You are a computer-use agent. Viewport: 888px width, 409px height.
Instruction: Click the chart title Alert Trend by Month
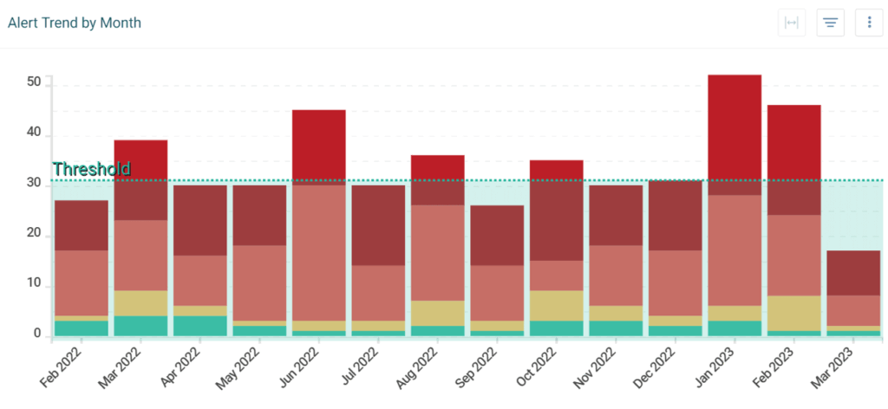[75, 23]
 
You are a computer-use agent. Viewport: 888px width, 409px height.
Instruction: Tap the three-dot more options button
[869, 23]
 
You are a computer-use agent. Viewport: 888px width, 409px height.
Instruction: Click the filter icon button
[830, 23]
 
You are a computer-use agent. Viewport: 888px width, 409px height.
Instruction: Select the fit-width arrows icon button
[791, 23]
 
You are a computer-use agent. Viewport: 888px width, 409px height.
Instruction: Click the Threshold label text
[92, 169]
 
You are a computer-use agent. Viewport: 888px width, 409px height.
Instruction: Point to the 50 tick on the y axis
[35, 83]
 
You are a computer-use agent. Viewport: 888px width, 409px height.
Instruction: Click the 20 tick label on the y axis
[35, 235]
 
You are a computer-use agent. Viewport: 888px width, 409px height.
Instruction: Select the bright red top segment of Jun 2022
[319, 145]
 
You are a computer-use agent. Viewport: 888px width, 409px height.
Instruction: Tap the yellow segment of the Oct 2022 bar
[556, 305]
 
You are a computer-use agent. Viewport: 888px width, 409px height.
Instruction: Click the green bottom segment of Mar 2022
[140, 325]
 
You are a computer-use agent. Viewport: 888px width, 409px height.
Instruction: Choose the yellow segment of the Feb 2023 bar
[793, 313]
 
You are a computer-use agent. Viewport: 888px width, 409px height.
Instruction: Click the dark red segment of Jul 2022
[378, 225]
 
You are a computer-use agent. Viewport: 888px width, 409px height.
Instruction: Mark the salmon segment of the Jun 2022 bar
[319, 252]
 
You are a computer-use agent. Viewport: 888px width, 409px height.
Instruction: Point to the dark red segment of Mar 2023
[853, 272]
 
